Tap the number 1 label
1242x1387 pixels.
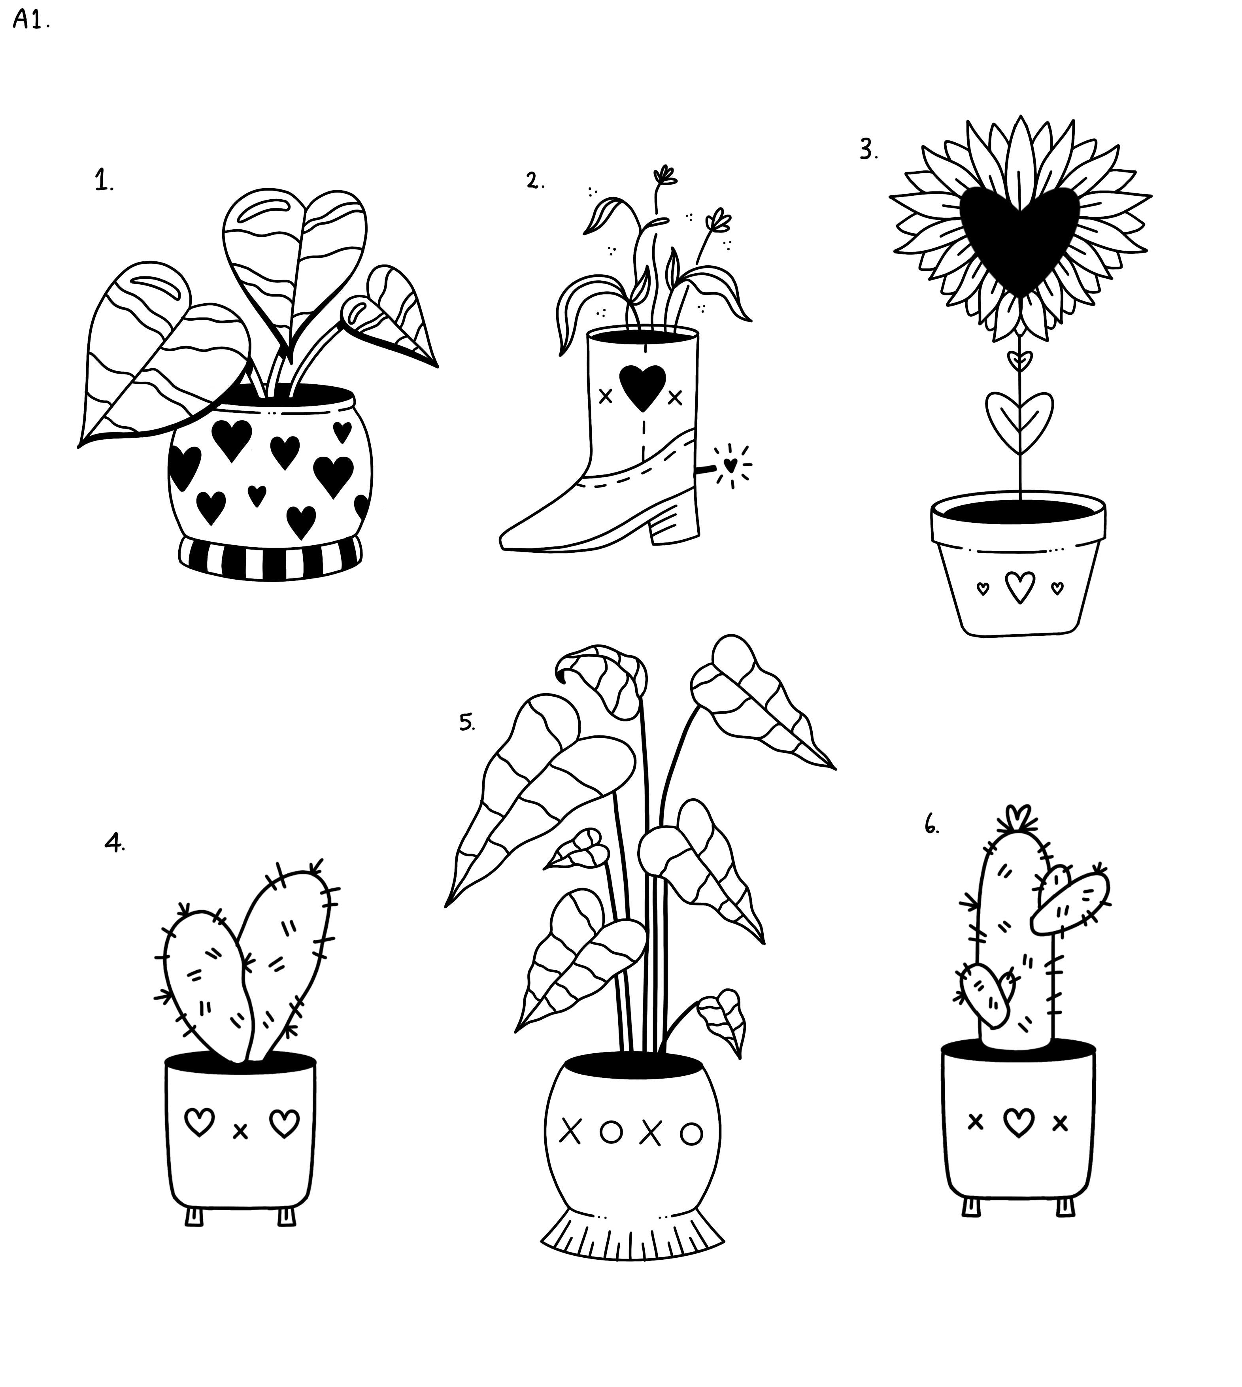pyautogui.click(x=104, y=181)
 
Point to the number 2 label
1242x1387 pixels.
pyautogui.click(x=535, y=180)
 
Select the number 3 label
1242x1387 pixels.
pyautogui.click(x=869, y=149)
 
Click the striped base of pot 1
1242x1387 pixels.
pyautogui.click(x=271, y=557)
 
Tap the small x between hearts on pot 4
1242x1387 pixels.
pyautogui.click(x=240, y=1132)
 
